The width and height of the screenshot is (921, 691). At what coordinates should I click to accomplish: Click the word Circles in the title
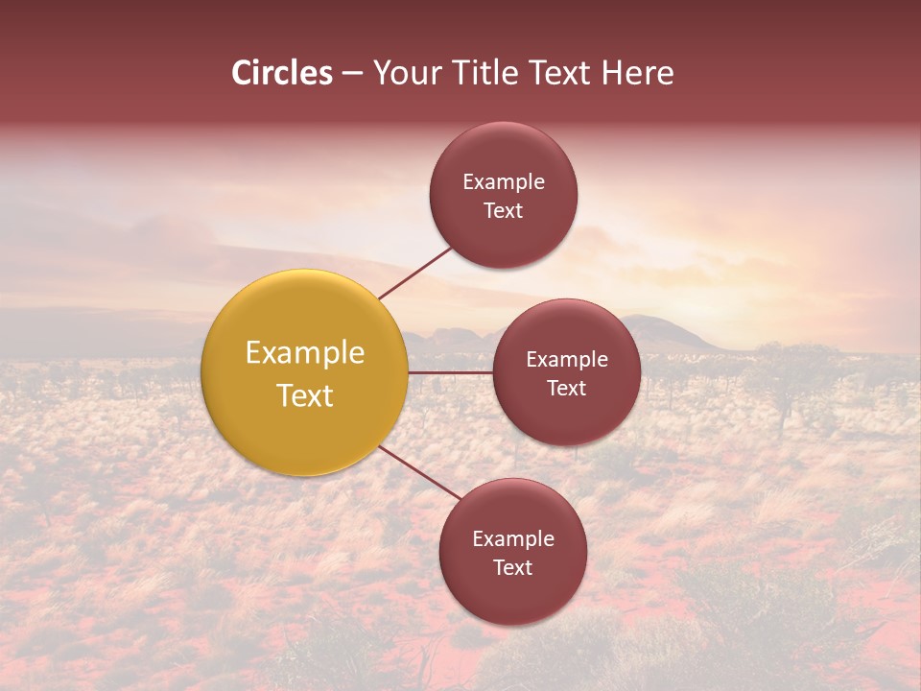coord(282,73)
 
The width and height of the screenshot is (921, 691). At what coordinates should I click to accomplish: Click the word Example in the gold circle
coord(305,353)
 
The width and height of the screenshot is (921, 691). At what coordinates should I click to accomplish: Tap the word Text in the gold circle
coord(305,395)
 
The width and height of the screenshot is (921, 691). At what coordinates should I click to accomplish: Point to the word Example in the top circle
coord(504,182)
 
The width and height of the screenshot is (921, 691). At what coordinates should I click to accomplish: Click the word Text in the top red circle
coord(504,211)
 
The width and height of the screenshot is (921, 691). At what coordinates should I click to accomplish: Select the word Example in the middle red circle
coord(567,360)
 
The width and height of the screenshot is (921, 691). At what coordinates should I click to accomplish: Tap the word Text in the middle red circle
coord(567,389)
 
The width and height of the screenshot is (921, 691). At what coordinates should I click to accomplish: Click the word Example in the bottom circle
coord(513,539)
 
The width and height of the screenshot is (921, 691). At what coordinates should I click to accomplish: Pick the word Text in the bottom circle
coord(513,568)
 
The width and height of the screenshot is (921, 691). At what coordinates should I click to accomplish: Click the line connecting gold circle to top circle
coord(415,273)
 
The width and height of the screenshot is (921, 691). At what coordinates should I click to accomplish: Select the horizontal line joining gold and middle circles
coord(450,372)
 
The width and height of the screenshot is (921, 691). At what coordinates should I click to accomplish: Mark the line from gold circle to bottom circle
coord(419,471)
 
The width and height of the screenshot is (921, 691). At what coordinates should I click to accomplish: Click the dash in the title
coord(352,74)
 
